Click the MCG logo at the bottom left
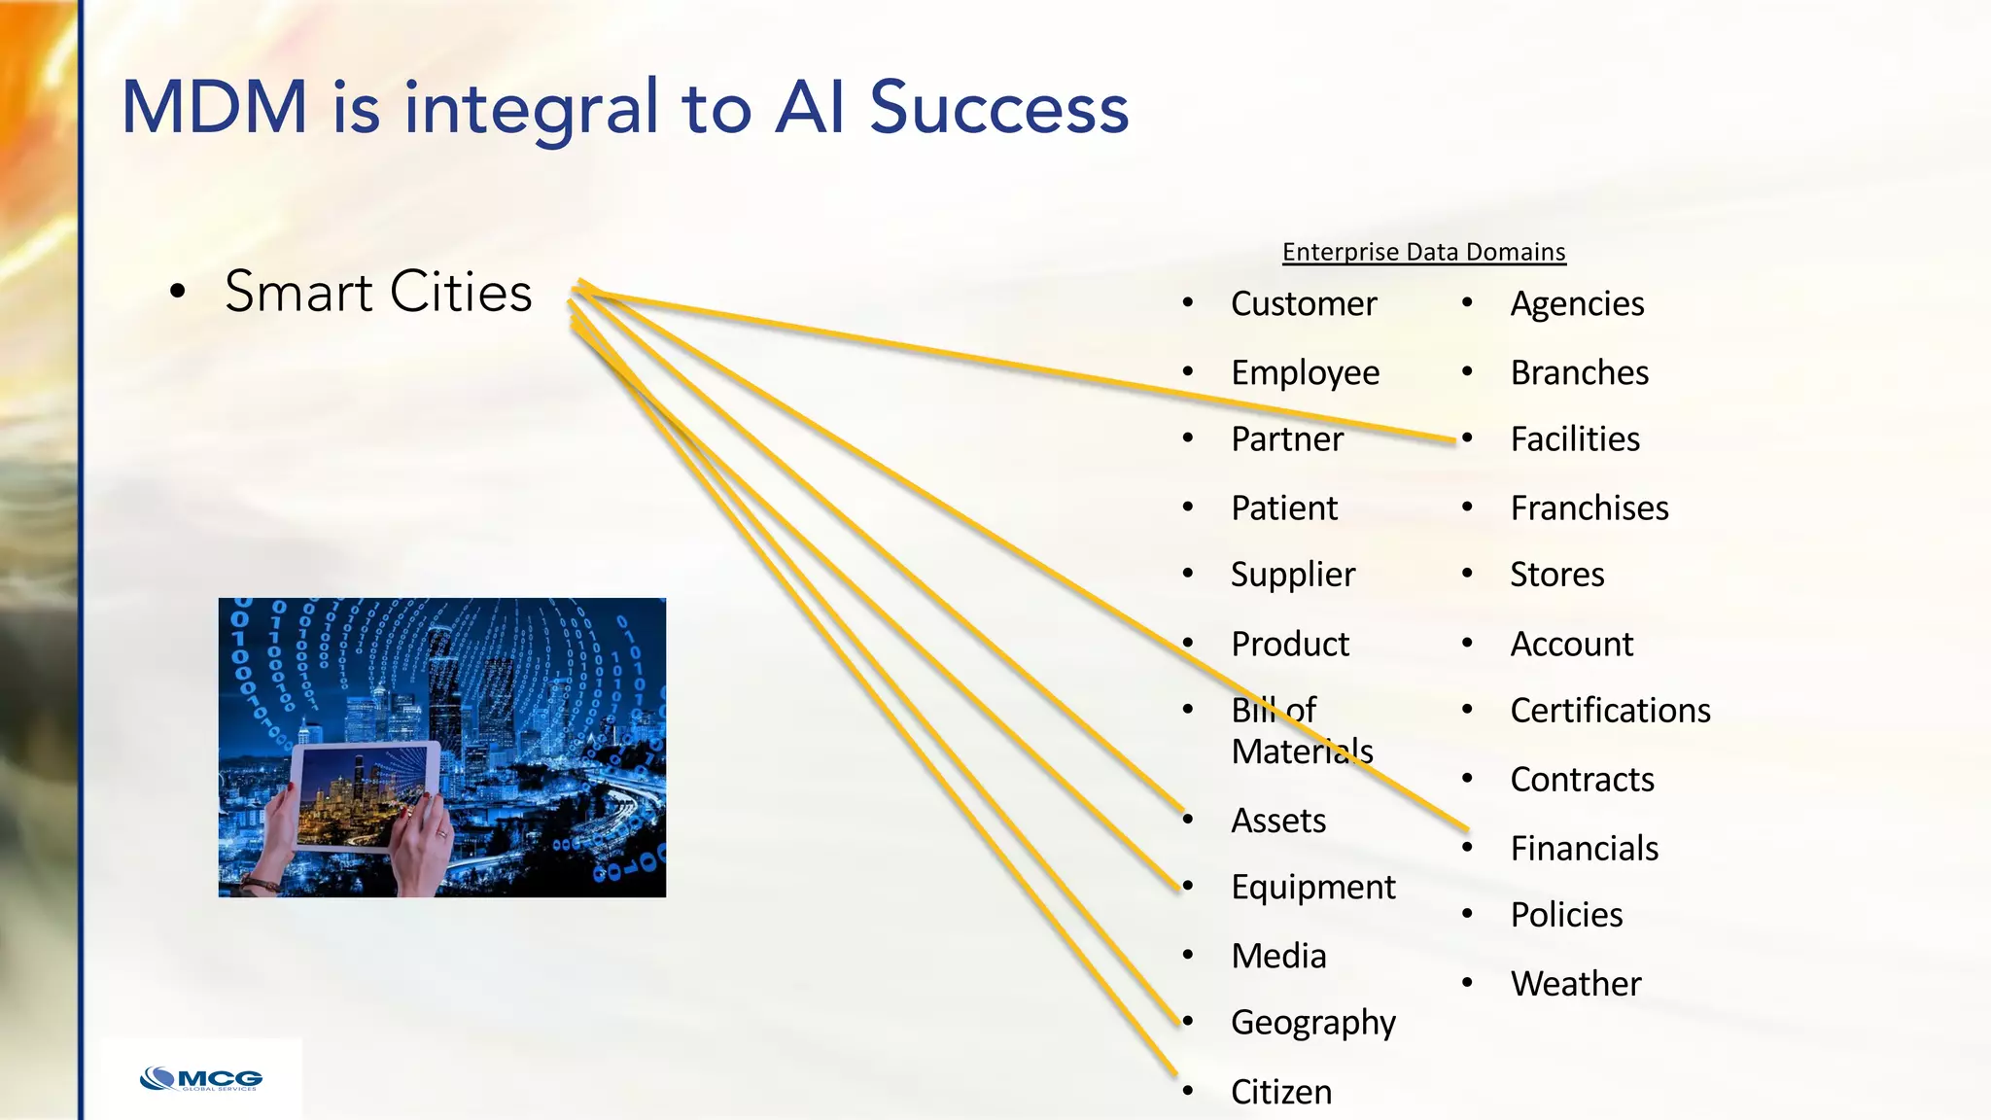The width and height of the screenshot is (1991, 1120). [202, 1079]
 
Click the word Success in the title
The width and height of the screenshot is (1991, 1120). [998, 107]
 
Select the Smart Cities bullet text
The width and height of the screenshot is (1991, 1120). [378, 292]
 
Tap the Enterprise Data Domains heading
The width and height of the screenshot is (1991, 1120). [1423, 252]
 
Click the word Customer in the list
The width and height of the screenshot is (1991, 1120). [1303, 304]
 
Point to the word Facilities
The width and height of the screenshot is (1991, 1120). [1574, 439]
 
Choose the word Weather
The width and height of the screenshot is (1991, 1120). [1575, 984]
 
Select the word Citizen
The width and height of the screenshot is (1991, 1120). [1280, 1092]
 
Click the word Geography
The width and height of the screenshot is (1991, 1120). [1312, 1023]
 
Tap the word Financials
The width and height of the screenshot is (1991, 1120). [1584, 849]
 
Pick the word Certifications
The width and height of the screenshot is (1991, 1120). [1610, 711]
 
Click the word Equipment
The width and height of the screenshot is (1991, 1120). [1312, 888]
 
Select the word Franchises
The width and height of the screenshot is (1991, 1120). [1589, 508]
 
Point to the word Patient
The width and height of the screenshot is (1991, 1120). [1283, 508]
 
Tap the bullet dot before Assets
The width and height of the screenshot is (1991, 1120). [1188, 820]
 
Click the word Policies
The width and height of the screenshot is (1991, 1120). [1566, 915]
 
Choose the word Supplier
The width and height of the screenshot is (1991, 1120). [1292, 575]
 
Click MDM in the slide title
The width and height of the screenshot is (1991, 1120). [215, 107]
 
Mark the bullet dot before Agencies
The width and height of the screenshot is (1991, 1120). [1467, 303]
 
